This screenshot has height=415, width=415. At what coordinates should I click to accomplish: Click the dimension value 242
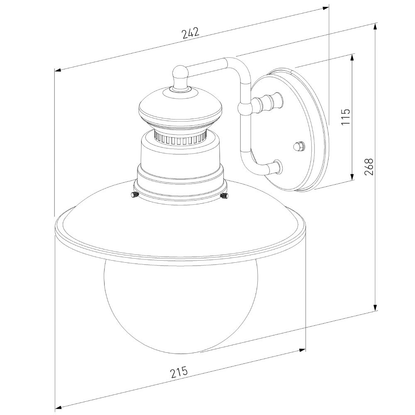tap(190, 33)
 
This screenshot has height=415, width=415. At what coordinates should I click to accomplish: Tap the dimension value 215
tap(179, 371)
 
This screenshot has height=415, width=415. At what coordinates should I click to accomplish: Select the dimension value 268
tap(369, 167)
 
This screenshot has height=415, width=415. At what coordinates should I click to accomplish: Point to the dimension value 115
tap(346, 117)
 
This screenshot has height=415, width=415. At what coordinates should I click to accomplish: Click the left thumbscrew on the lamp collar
tap(134, 195)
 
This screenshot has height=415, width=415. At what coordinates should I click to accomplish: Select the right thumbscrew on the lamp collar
tap(224, 195)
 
